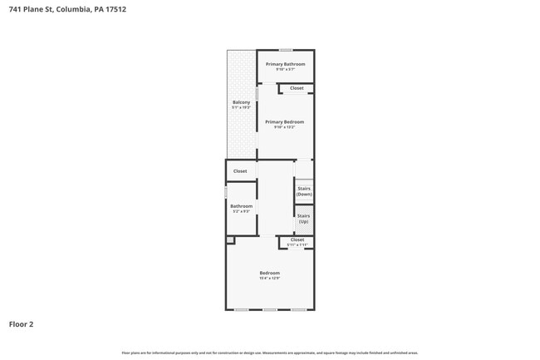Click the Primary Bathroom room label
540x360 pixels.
pos(285,64)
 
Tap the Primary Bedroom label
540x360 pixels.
pos(285,122)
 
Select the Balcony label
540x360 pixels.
pos(241,102)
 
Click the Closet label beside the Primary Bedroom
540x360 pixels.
pos(297,88)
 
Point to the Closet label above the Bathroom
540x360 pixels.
pos(240,171)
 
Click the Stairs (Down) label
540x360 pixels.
pos(304,191)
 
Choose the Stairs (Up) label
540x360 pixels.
pos(304,219)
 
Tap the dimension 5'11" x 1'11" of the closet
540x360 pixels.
pos(297,245)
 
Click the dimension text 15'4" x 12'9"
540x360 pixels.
pos(269,279)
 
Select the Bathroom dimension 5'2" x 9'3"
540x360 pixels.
pos(241,211)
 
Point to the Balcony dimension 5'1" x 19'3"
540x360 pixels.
pos(241,107)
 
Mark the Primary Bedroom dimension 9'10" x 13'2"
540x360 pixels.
pos(285,127)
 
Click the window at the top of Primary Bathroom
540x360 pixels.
pos(285,50)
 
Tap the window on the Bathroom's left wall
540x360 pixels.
pos(226,192)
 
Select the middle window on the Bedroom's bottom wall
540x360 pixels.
pos(269,310)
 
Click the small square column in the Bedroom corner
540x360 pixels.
pos(230,240)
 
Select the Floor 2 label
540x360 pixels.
pos(22,324)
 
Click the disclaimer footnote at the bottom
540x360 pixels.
pos(269,353)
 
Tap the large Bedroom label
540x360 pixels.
pos(269,273)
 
